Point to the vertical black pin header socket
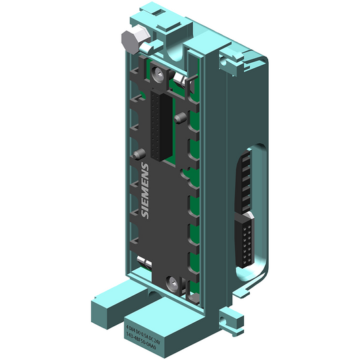[160, 126]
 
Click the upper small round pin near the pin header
[178, 118]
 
